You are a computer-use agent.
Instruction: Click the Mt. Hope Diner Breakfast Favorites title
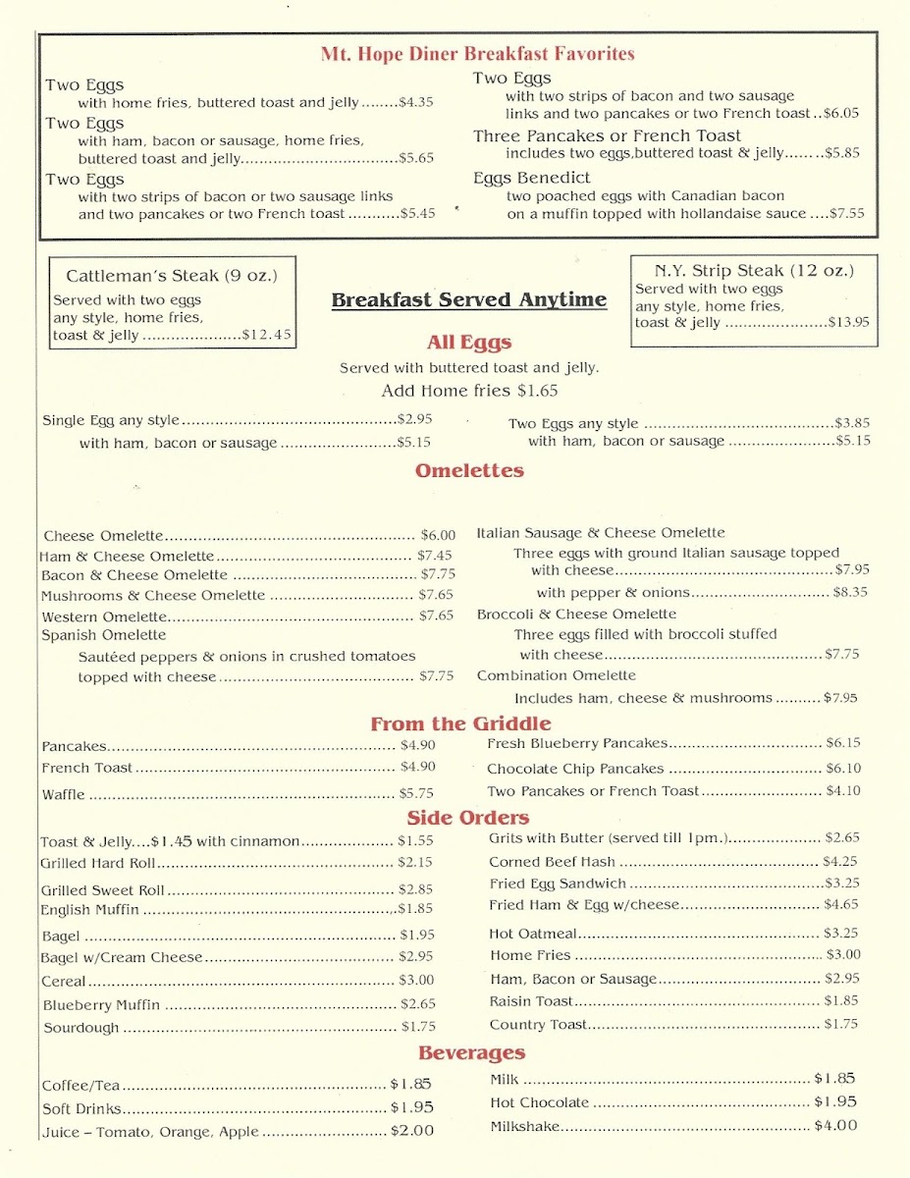(477, 54)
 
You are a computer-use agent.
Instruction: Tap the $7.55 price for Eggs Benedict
(846, 213)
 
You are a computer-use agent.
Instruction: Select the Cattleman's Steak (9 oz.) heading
(172, 276)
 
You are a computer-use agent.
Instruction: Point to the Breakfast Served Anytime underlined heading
(468, 300)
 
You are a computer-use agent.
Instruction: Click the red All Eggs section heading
(469, 343)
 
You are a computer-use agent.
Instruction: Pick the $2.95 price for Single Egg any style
(414, 418)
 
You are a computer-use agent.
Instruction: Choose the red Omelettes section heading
(469, 470)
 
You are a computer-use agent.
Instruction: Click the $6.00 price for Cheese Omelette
(438, 535)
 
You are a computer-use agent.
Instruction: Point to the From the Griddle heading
(460, 724)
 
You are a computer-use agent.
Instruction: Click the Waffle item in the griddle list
(64, 794)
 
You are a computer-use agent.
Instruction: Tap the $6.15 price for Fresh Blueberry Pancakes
(842, 743)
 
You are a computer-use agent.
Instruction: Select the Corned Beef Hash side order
(552, 862)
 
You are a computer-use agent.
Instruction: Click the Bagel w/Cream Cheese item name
(122, 957)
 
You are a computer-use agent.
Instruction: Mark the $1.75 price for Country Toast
(840, 1024)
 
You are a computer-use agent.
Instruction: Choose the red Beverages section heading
(471, 1053)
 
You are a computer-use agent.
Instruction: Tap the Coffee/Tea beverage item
(80, 1086)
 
